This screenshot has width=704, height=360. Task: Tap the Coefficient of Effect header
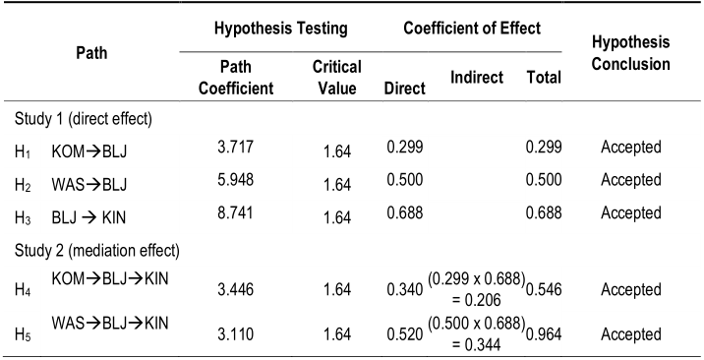tap(472, 29)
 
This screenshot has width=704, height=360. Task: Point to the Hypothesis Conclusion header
tap(631, 53)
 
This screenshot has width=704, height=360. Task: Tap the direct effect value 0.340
tap(404, 292)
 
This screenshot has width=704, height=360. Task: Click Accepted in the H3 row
tap(631, 212)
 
